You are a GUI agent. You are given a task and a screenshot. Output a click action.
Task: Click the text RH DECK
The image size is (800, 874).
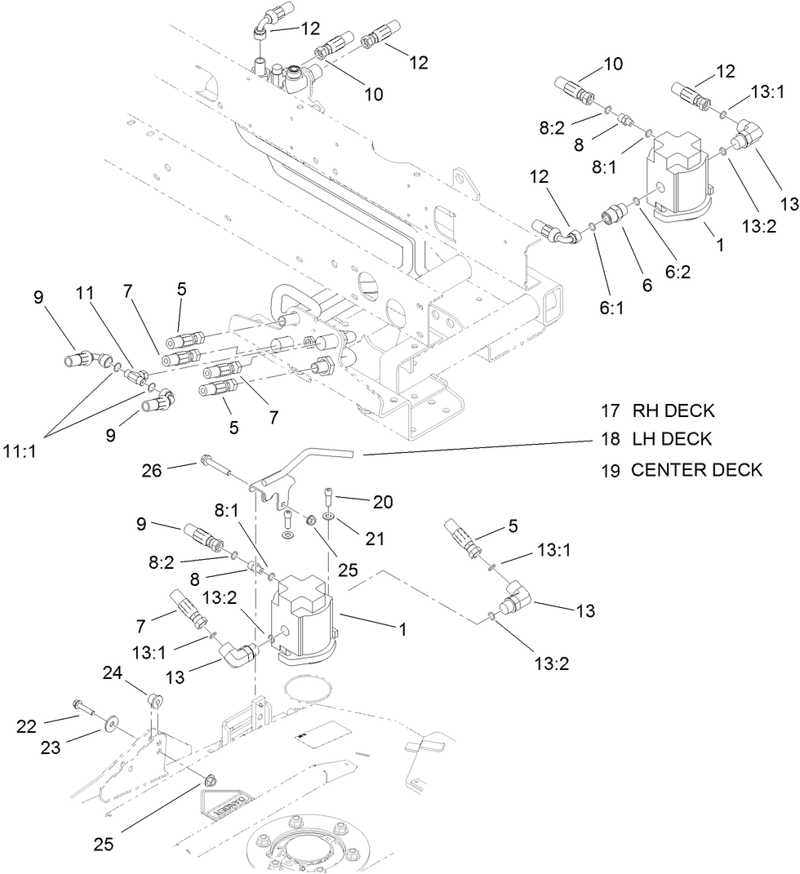673,410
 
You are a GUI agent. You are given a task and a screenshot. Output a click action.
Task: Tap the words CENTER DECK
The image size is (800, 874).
696,470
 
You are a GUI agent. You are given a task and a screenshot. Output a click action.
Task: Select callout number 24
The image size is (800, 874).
113,672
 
